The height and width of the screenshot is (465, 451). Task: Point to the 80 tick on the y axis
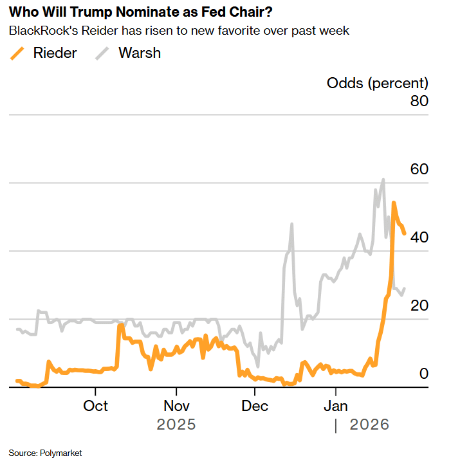pos(416,101)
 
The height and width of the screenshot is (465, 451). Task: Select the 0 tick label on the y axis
pos(423,374)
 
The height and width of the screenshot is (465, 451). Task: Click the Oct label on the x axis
pos(96,406)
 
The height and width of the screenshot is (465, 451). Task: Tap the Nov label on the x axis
pos(176,406)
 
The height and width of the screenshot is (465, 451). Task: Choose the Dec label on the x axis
pos(255,406)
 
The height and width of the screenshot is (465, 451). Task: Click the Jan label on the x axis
pos(335,406)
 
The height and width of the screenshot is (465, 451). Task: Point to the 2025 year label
pos(176,425)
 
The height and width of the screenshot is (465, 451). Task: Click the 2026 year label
pos(369,425)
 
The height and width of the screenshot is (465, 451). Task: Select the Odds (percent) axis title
pos(377,83)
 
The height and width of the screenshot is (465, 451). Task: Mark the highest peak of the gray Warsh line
pos(383,180)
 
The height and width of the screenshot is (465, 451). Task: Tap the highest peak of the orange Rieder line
pos(394,203)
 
